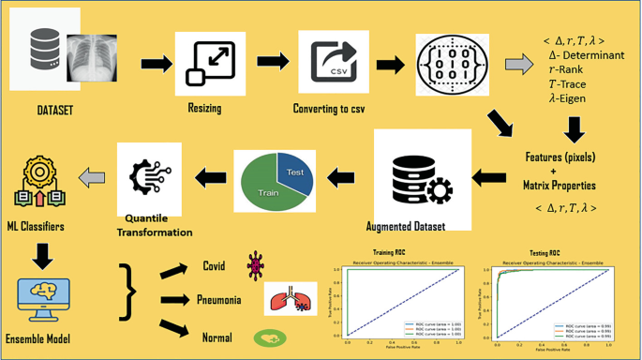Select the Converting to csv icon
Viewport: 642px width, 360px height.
tap(329, 59)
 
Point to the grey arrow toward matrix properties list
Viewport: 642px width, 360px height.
tap(517, 65)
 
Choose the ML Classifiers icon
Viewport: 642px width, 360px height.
tap(37, 185)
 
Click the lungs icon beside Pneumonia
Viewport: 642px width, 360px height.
tap(285, 298)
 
